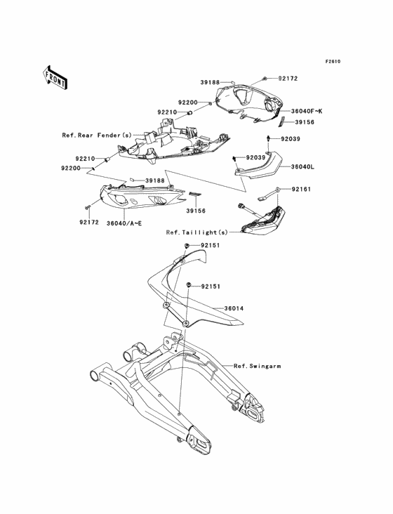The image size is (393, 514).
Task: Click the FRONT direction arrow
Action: pos(55,78)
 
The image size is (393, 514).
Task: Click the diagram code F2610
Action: pos(333,61)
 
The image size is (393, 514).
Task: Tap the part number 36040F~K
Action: pos(307,112)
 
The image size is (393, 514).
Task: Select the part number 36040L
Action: pos(302,167)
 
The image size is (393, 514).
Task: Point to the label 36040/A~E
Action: pos(124,223)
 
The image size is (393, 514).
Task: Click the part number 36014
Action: pos(234,308)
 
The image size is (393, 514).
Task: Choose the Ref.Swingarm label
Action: pos(257,366)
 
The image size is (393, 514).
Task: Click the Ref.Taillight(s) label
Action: pos(196,232)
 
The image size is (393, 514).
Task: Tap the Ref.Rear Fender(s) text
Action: pos(97,135)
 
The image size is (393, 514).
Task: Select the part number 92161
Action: pos(301,189)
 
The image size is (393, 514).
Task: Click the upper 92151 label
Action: pos(211,245)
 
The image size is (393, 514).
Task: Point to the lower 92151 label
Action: pos(211,286)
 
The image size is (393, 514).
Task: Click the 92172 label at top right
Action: pos(288,79)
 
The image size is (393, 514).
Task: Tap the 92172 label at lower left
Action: pos(88,223)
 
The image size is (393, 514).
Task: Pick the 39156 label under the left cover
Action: pos(196,211)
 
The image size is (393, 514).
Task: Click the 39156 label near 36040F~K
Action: pos(305,122)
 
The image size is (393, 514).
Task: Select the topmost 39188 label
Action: pos(211,83)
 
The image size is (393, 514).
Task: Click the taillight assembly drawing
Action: pos(262,220)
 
